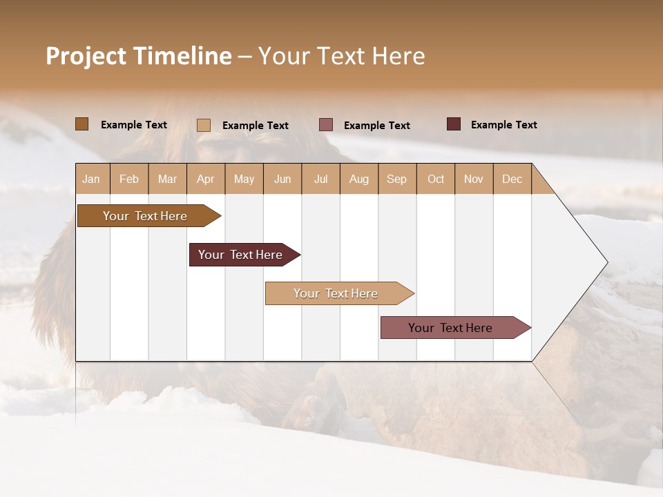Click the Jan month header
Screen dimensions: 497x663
(92, 179)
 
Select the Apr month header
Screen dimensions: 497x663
(206, 179)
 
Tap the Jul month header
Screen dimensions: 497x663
(320, 179)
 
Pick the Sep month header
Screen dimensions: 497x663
(396, 179)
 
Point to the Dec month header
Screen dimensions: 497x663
(512, 179)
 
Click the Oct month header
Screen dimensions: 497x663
(436, 179)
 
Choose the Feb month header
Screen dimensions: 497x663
(129, 179)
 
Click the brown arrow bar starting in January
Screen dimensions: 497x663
(145, 216)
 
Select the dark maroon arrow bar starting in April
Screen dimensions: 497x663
(240, 255)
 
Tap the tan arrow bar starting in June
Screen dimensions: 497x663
(336, 293)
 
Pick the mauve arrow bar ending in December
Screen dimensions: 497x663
(450, 328)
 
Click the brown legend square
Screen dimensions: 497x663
(81, 124)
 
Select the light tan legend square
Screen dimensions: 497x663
(203, 125)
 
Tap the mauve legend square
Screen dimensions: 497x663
(326, 125)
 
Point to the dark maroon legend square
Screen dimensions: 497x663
(453, 124)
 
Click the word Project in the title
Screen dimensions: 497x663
(86, 56)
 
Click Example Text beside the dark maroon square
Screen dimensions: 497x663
(503, 125)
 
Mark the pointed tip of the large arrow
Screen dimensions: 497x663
(606, 262)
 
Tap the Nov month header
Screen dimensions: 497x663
(474, 179)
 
